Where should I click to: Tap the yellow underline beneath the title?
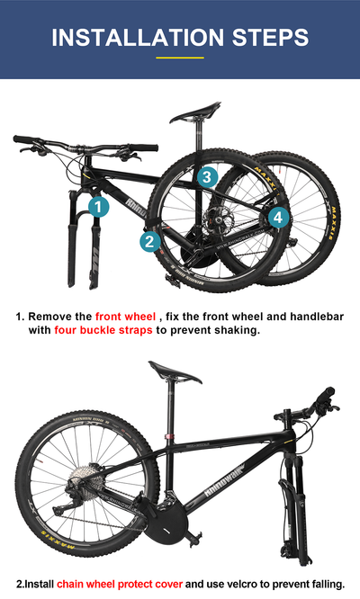coord(180,58)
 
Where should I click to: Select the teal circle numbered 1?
coord(98,207)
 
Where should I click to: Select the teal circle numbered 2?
coord(150,240)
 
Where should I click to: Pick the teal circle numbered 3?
coord(207,176)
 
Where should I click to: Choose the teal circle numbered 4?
coord(277,217)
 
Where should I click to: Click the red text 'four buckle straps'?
coord(103,330)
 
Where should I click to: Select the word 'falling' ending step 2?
coord(323,584)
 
